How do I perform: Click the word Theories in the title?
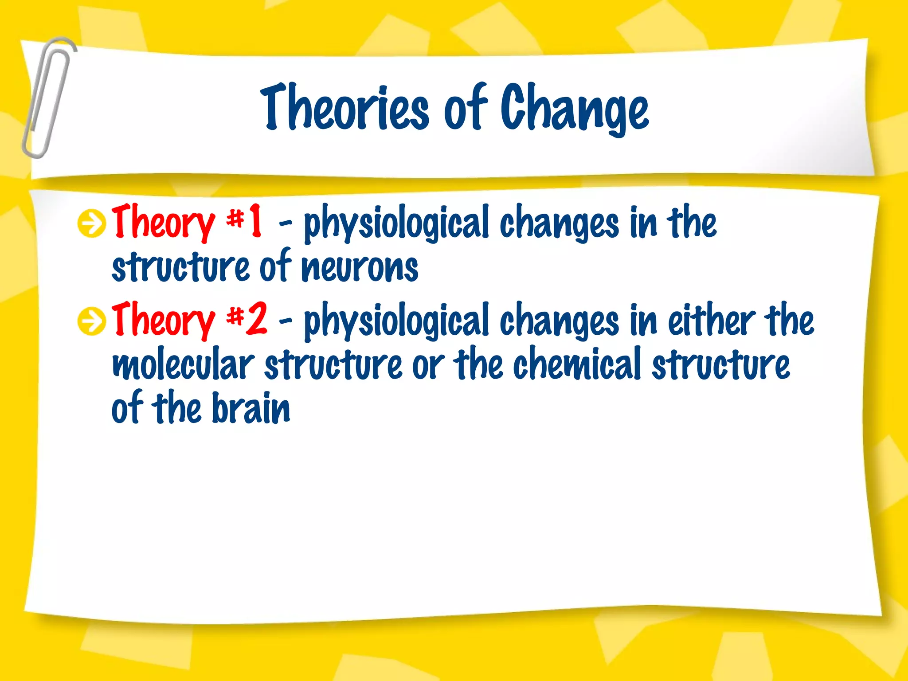click(345, 108)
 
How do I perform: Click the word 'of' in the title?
click(466, 108)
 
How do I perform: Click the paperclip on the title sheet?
click(48, 98)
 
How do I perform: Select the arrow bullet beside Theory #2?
click(91, 321)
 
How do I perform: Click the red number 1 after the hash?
click(255, 220)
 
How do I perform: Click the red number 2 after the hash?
click(257, 318)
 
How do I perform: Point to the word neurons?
click(360, 268)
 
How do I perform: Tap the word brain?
click(251, 408)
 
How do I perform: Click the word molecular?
click(183, 364)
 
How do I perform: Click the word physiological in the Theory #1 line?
click(396, 223)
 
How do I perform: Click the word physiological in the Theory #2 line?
click(396, 321)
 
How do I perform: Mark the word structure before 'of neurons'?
click(180, 268)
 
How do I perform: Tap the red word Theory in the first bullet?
click(163, 222)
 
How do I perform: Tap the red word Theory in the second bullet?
click(163, 319)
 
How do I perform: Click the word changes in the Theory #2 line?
click(559, 321)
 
